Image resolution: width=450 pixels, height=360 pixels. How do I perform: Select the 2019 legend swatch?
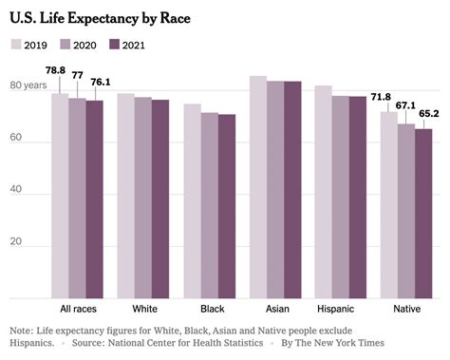[x=16, y=44]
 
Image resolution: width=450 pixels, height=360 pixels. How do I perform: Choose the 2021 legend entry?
[x=132, y=44]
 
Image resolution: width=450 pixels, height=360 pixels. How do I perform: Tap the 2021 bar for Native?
[x=423, y=214]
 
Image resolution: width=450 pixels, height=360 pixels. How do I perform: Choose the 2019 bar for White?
[x=125, y=196]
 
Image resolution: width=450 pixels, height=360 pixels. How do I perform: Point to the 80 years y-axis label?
[x=28, y=86]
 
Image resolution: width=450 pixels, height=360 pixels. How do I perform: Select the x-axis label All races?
[x=77, y=309]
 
